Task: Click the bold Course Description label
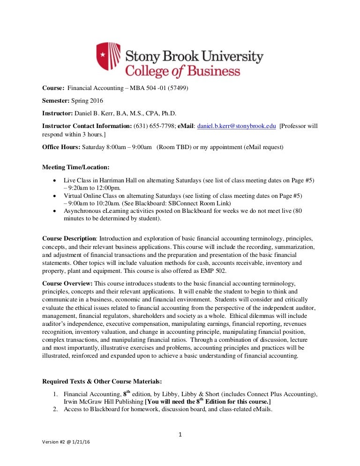coord(69,239)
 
